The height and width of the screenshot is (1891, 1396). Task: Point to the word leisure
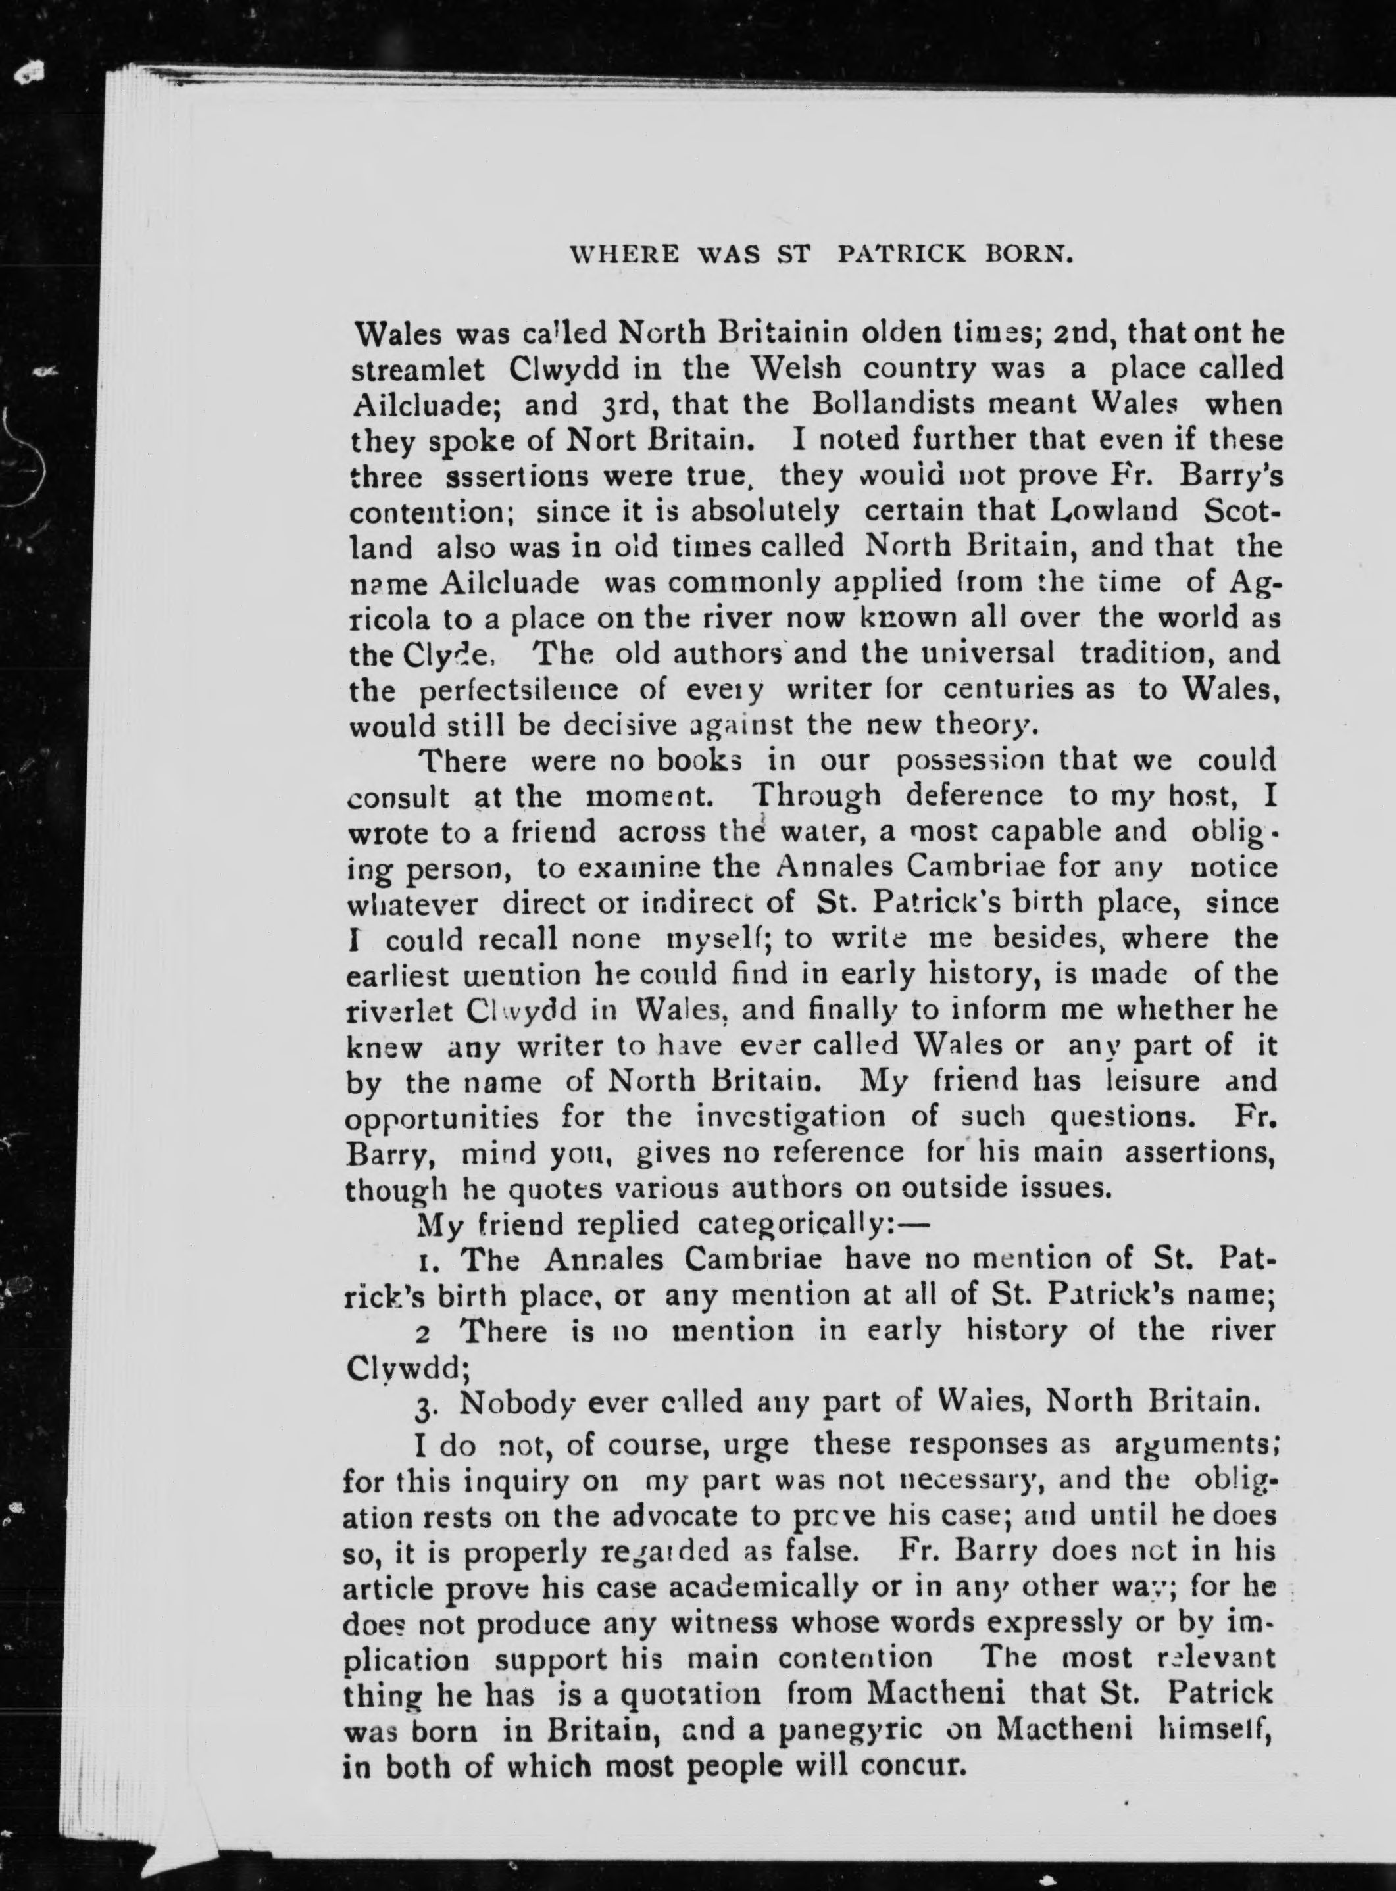(x=1128, y=1081)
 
